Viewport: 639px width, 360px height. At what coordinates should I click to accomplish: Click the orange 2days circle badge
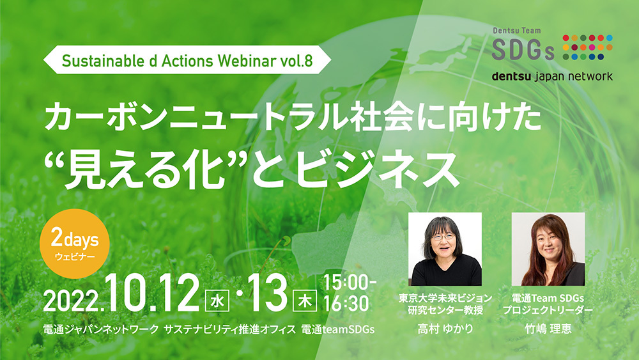click(75, 244)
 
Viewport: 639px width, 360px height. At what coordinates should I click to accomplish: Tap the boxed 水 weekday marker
click(218, 301)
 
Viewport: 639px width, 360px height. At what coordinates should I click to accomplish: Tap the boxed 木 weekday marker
click(305, 301)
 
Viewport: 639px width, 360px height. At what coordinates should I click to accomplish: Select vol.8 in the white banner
click(296, 60)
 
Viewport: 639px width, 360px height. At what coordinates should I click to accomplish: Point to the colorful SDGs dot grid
click(588, 47)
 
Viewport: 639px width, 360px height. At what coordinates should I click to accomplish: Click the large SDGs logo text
click(523, 49)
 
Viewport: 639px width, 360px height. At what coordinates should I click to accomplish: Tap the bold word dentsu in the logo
click(511, 76)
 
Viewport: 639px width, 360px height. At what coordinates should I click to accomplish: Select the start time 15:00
click(350, 283)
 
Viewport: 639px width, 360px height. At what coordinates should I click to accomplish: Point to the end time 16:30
click(346, 304)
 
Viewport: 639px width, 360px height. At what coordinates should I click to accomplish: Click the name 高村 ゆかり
click(445, 328)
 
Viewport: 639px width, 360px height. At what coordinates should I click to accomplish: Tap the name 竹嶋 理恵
click(548, 328)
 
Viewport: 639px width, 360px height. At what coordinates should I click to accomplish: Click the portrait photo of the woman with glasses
click(445, 249)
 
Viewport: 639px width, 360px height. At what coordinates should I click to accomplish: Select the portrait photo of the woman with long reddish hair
click(548, 249)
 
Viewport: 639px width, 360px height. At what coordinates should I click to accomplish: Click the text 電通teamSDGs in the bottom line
click(338, 329)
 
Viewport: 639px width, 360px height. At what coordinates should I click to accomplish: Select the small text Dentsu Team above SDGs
click(517, 31)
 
